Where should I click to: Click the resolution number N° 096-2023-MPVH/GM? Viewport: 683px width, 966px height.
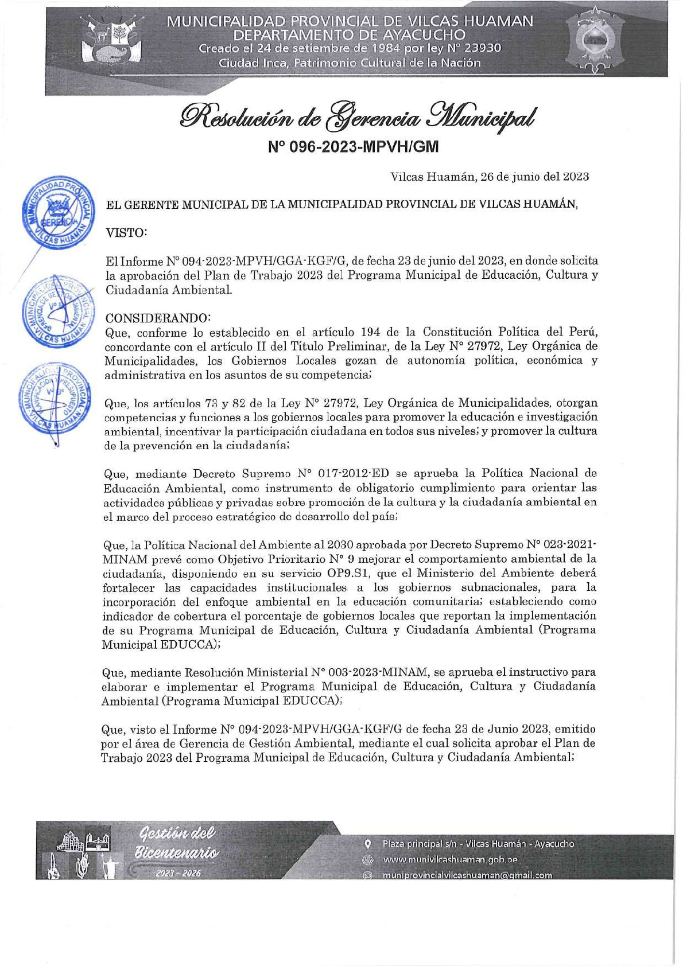pyautogui.click(x=353, y=147)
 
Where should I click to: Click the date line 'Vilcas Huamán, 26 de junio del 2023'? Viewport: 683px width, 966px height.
pyautogui.click(x=490, y=177)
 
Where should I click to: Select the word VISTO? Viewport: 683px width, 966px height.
pyautogui.click(x=127, y=232)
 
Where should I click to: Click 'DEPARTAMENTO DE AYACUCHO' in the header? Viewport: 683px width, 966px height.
pyautogui.click(x=350, y=36)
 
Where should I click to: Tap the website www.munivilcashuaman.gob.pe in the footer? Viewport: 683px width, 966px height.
pyautogui.click(x=451, y=859)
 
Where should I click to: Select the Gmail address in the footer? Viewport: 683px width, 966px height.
pyautogui.click(x=467, y=875)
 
